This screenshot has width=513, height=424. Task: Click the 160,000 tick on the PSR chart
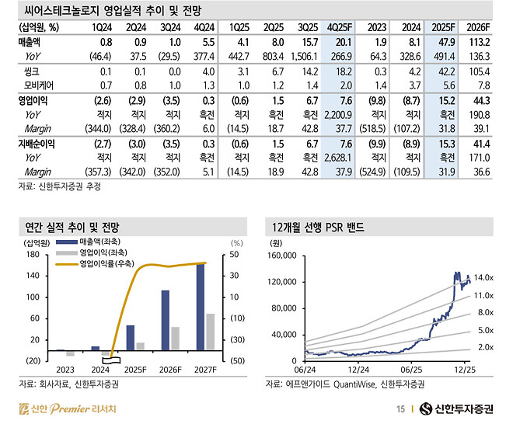281,255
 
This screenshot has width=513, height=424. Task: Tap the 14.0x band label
484,277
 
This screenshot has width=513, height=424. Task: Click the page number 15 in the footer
400,409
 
